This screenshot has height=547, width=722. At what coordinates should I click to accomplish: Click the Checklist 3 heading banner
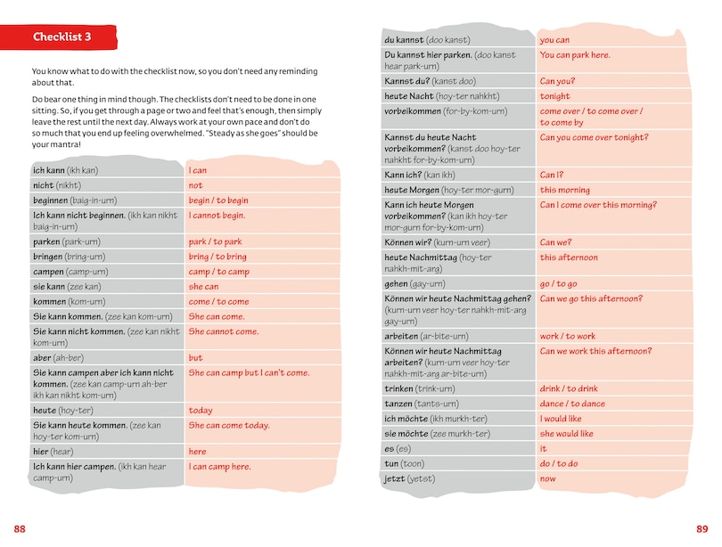[x=62, y=37]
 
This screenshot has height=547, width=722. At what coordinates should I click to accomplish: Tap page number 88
[x=20, y=529]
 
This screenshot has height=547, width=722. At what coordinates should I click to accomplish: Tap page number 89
[x=701, y=529]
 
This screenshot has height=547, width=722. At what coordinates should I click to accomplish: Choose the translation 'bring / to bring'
[x=219, y=257]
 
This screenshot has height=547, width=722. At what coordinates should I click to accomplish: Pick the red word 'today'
[x=201, y=411]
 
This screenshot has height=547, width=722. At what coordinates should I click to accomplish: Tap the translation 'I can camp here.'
[x=219, y=467]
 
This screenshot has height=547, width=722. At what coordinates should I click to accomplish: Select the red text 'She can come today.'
[x=229, y=426]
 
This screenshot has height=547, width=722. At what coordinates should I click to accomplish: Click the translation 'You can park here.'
[x=575, y=55]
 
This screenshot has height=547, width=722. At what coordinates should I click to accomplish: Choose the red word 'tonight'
[x=554, y=96]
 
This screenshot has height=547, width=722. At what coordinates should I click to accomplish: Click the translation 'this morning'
[x=565, y=190]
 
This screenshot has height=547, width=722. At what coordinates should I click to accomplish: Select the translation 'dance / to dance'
[x=572, y=404]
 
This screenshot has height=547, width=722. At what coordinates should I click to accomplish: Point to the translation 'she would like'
[x=567, y=434]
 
